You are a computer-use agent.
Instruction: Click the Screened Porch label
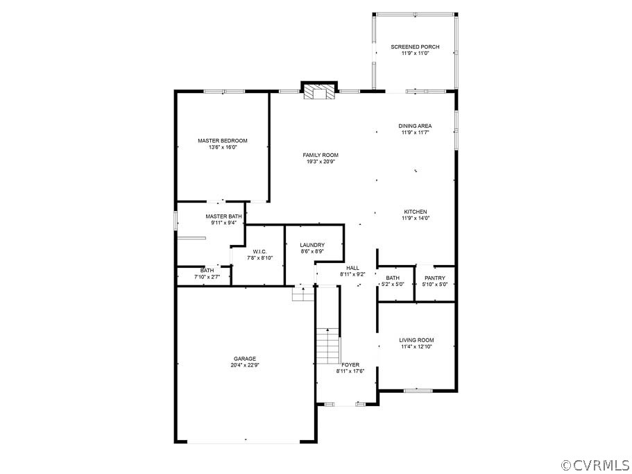point(415,47)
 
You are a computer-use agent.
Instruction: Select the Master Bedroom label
point(222,141)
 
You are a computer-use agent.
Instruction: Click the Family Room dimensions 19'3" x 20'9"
point(321,162)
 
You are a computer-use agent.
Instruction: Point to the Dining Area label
point(415,126)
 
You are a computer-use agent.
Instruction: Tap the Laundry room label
point(312,245)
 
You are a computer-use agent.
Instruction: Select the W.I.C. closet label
point(259,252)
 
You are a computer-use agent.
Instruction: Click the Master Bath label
point(223,217)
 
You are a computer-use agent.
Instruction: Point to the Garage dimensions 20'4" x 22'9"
point(246,365)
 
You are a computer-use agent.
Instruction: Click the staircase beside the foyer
point(327,346)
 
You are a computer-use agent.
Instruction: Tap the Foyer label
point(350,364)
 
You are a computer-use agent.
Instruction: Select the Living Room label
point(416,340)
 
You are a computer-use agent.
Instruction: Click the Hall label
point(352,268)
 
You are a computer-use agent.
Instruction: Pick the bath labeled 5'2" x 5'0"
point(392,278)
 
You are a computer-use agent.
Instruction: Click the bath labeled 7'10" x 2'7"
point(207,271)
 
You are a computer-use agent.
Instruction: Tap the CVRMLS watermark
point(595,464)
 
